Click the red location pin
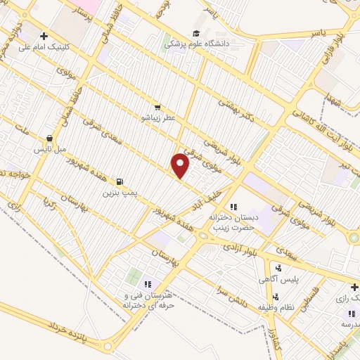click(181, 166)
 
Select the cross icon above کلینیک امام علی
click(44, 36)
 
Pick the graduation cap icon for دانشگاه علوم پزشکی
click(196, 32)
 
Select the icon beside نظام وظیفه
click(276, 296)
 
